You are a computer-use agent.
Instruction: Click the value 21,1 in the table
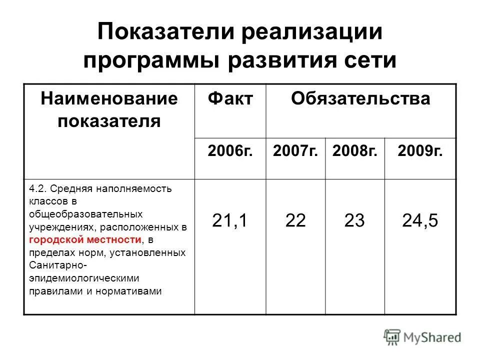click(x=230, y=220)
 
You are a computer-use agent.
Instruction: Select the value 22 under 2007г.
click(x=295, y=220)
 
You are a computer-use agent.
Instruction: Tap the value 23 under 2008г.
click(x=355, y=220)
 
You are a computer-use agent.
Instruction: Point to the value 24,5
click(x=420, y=220)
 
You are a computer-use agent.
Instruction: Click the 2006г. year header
click(x=230, y=150)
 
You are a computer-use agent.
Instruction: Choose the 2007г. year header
click(x=295, y=150)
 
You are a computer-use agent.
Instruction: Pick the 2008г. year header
click(x=355, y=150)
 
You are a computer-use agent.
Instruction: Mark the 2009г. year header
click(x=420, y=150)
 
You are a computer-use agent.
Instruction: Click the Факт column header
click(x=230, y=99)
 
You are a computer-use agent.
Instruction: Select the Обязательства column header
click(x=360, y=99)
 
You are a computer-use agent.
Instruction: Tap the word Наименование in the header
click(x=109, y=98)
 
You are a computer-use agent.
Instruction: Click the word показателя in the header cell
click(x=109, y=121)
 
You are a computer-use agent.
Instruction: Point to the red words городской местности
click(x=84, y=240)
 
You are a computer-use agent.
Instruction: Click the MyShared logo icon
click(x=391, y=337)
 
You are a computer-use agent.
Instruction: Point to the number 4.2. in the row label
click(x=37, y=188)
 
